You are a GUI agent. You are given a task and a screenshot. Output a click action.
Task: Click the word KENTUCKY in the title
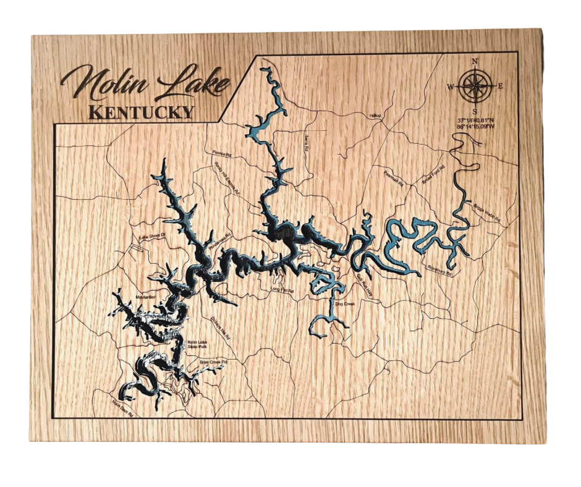coord(141,112)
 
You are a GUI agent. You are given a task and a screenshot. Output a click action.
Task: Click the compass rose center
coord(475,86)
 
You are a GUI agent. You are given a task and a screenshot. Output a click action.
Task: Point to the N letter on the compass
coord(475,61)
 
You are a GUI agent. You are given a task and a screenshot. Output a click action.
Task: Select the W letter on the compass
coord(451,86)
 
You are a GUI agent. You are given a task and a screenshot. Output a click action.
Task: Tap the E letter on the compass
coord(500,86)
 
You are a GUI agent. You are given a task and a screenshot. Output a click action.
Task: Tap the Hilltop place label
coord(376,116)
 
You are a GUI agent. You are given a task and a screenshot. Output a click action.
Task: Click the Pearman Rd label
coord(394,179)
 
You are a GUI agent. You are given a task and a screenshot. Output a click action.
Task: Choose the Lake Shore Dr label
coord(152,236)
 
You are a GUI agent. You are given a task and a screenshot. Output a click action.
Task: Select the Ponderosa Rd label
coord(219,241)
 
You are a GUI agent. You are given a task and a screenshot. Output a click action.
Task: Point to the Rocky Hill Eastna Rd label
coord(226,179)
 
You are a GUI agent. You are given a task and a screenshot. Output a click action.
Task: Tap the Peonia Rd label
coord(221,152)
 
